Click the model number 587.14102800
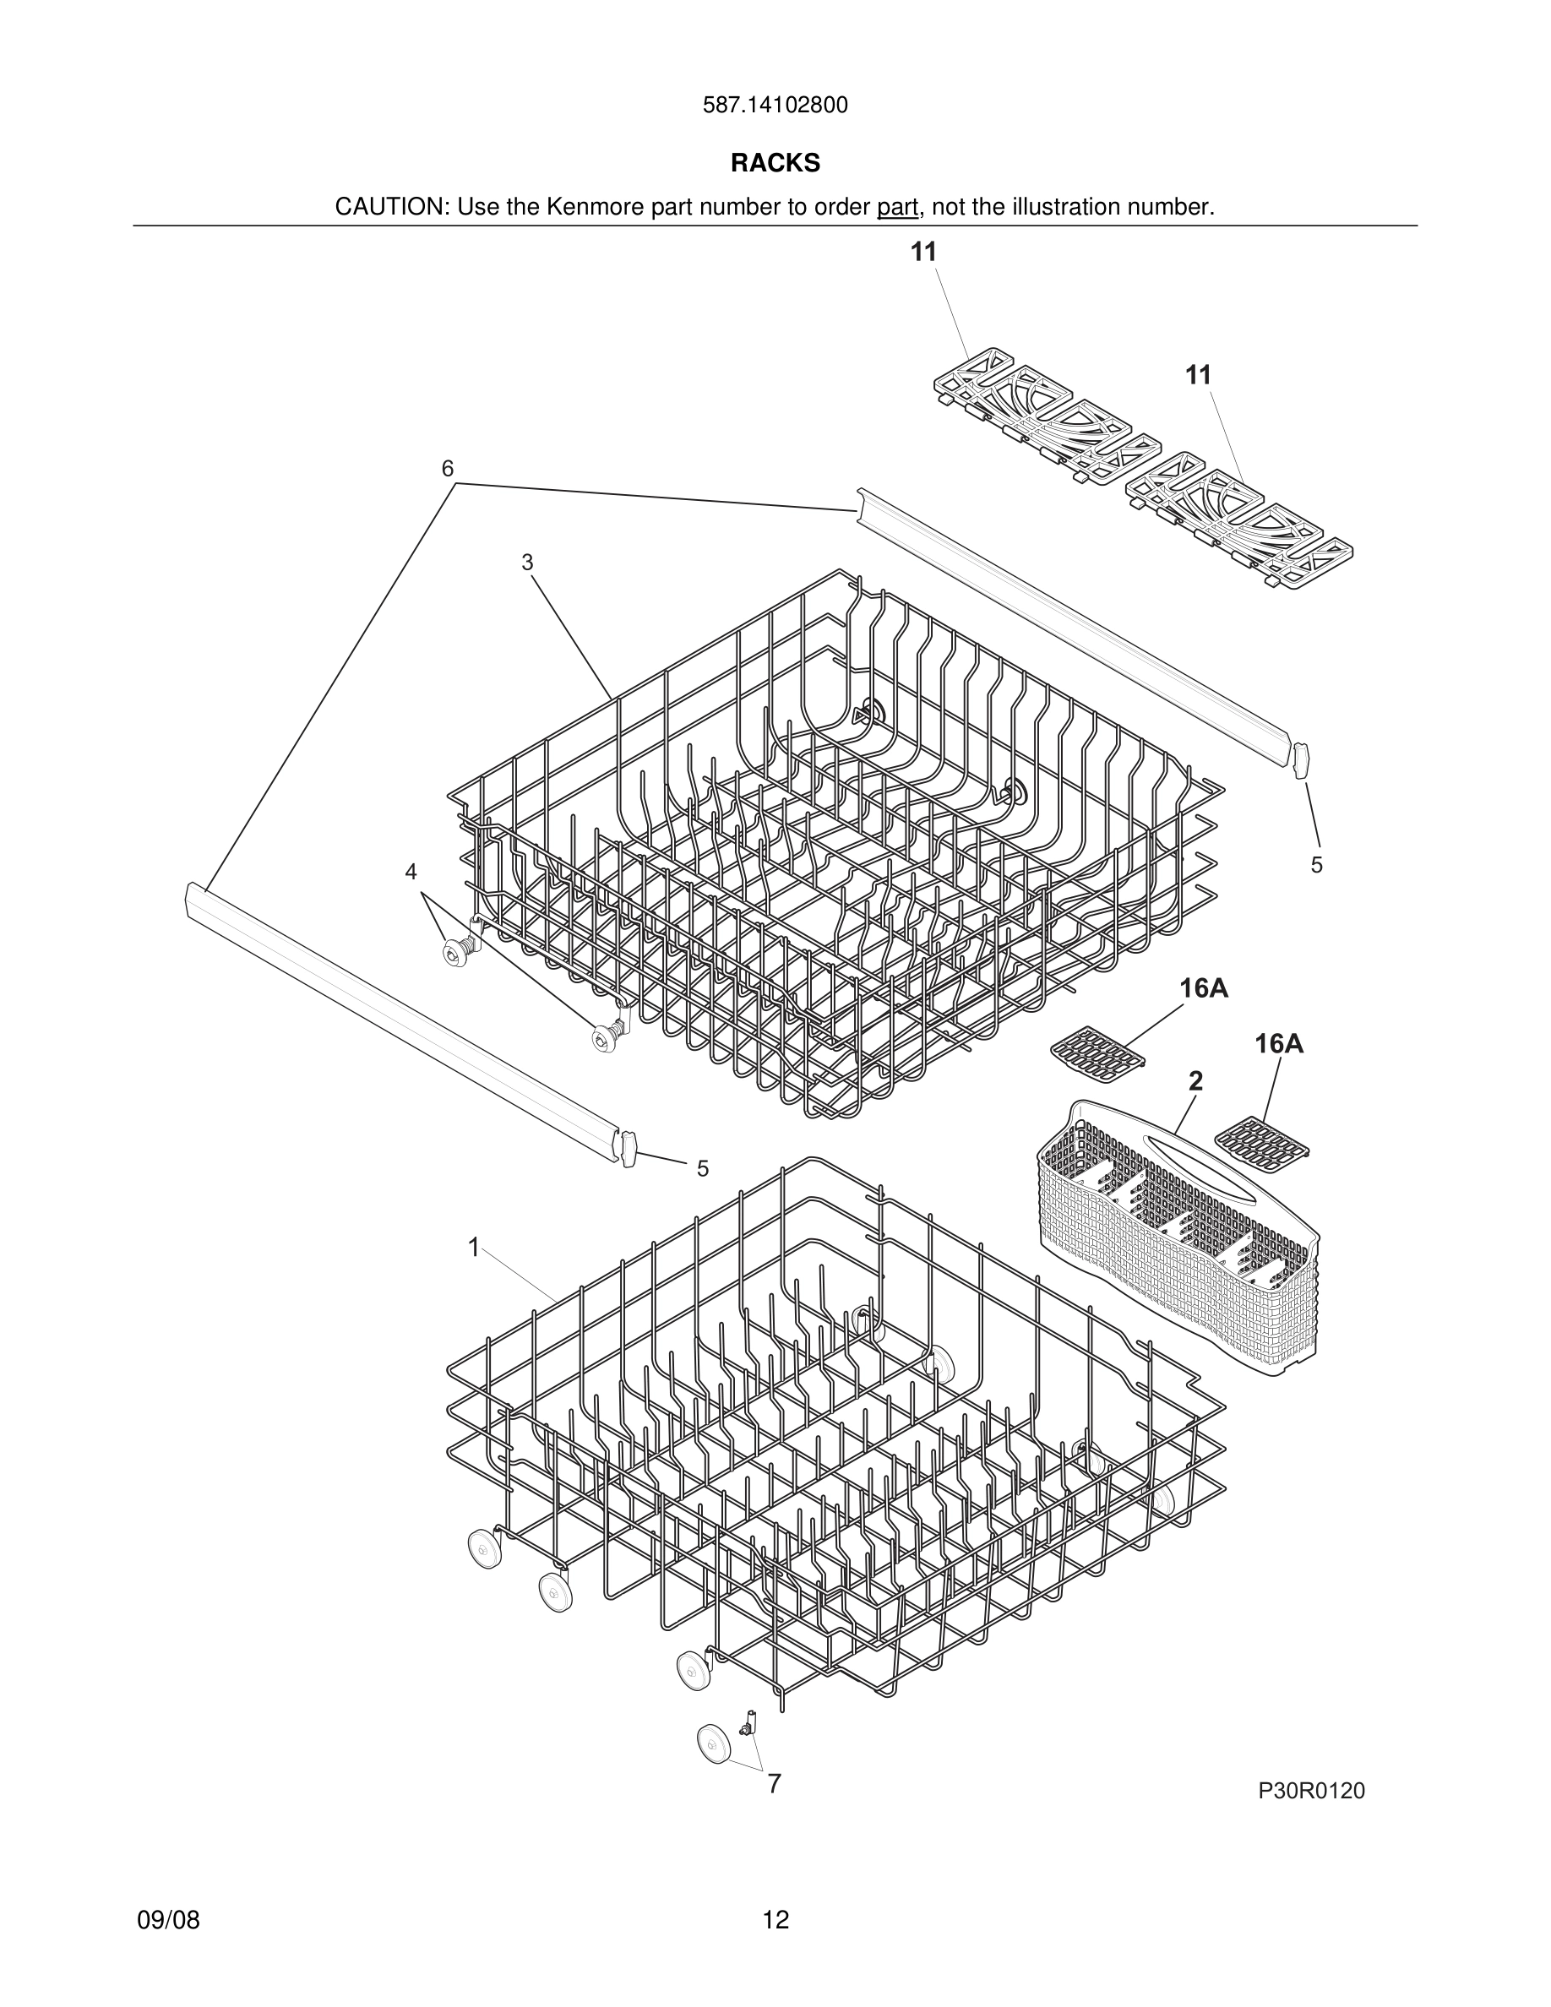tap(775, 106)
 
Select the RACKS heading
tap(775, 164)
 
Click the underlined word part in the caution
tap(897, 208)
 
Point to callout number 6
tap(448, 470)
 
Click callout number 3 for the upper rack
tap(527, 563)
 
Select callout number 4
tap(411, 871)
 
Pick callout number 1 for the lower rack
tap(473, 1247)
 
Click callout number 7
tap(775, 1784)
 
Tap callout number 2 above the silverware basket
tap(1195, 1081)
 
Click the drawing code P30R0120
tap(1311, 1791)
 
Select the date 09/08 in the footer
tap(168, 1920)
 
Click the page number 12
tap(775, 1920)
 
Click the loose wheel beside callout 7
tap(714, 1743)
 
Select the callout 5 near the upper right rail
tap(1317, 865)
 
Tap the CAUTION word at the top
tap(390, 208)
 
